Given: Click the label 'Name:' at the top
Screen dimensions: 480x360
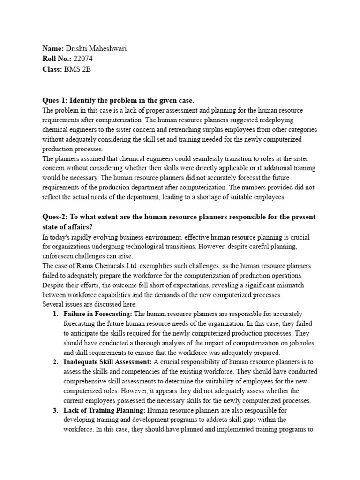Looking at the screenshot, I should [52, 49].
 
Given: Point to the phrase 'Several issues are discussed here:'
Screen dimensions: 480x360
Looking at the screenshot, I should [90, 304].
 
